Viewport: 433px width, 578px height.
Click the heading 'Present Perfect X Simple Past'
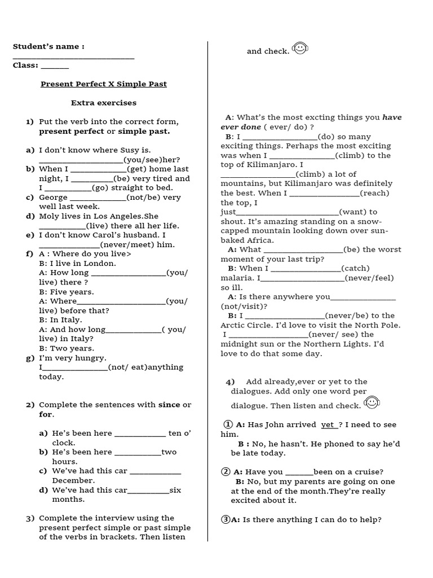tap(104, 84)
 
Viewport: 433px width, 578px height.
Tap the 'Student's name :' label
tap(48, 46)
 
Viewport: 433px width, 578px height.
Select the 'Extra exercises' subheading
tap(103, 103)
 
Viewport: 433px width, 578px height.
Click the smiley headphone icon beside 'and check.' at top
tap(300, 49)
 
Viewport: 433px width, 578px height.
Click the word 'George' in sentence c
tap(53, 198)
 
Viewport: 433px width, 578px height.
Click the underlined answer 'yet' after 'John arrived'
tap(328, 424)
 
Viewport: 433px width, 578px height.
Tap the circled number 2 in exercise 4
tap(226, 472)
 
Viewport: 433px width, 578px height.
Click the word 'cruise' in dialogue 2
tap(369, 472)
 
